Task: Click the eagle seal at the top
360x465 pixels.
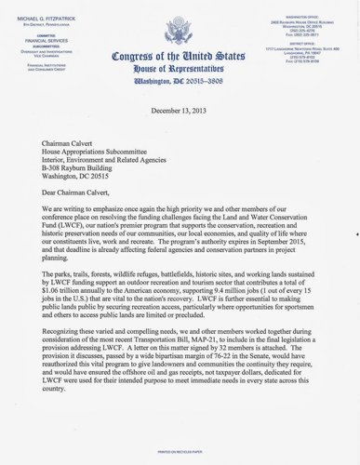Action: point(179,20)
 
